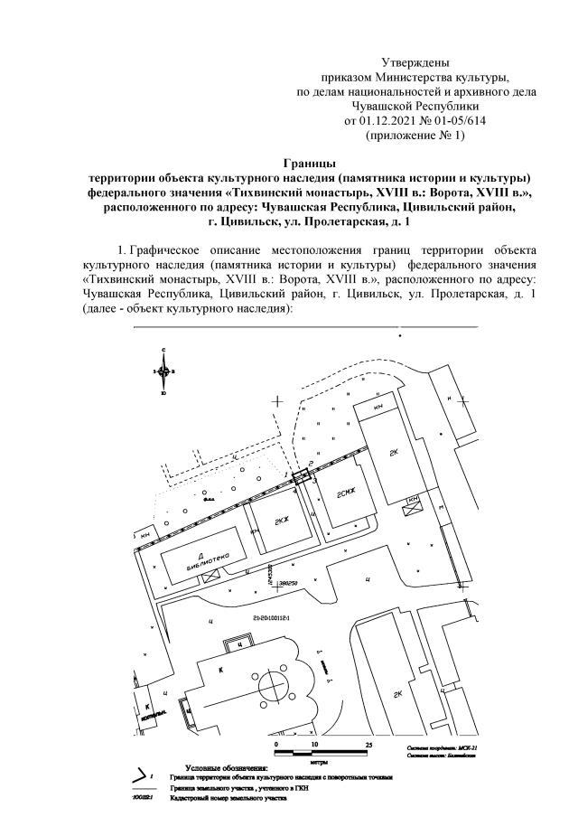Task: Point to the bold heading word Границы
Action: pyautogui.click(x=310, y=163)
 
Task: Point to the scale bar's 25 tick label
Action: pyautogui.click(x=368, y=744)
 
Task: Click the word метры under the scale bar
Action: pyautogui.click(x=318, y=762)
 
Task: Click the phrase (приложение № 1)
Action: pyautogui.click(x=415, y=135)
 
